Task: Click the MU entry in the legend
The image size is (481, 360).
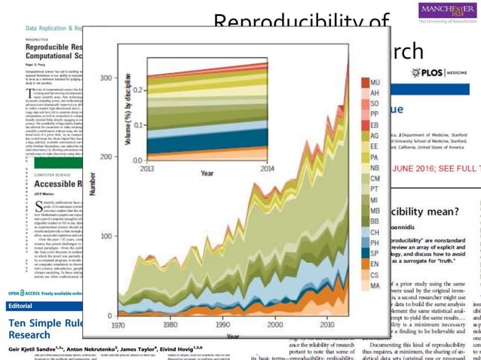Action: click(374, 81)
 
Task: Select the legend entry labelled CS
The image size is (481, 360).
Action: click(374, 275)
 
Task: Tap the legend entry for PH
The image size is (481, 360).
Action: click(374, 243)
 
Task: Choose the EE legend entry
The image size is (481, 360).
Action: click(374, 146)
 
